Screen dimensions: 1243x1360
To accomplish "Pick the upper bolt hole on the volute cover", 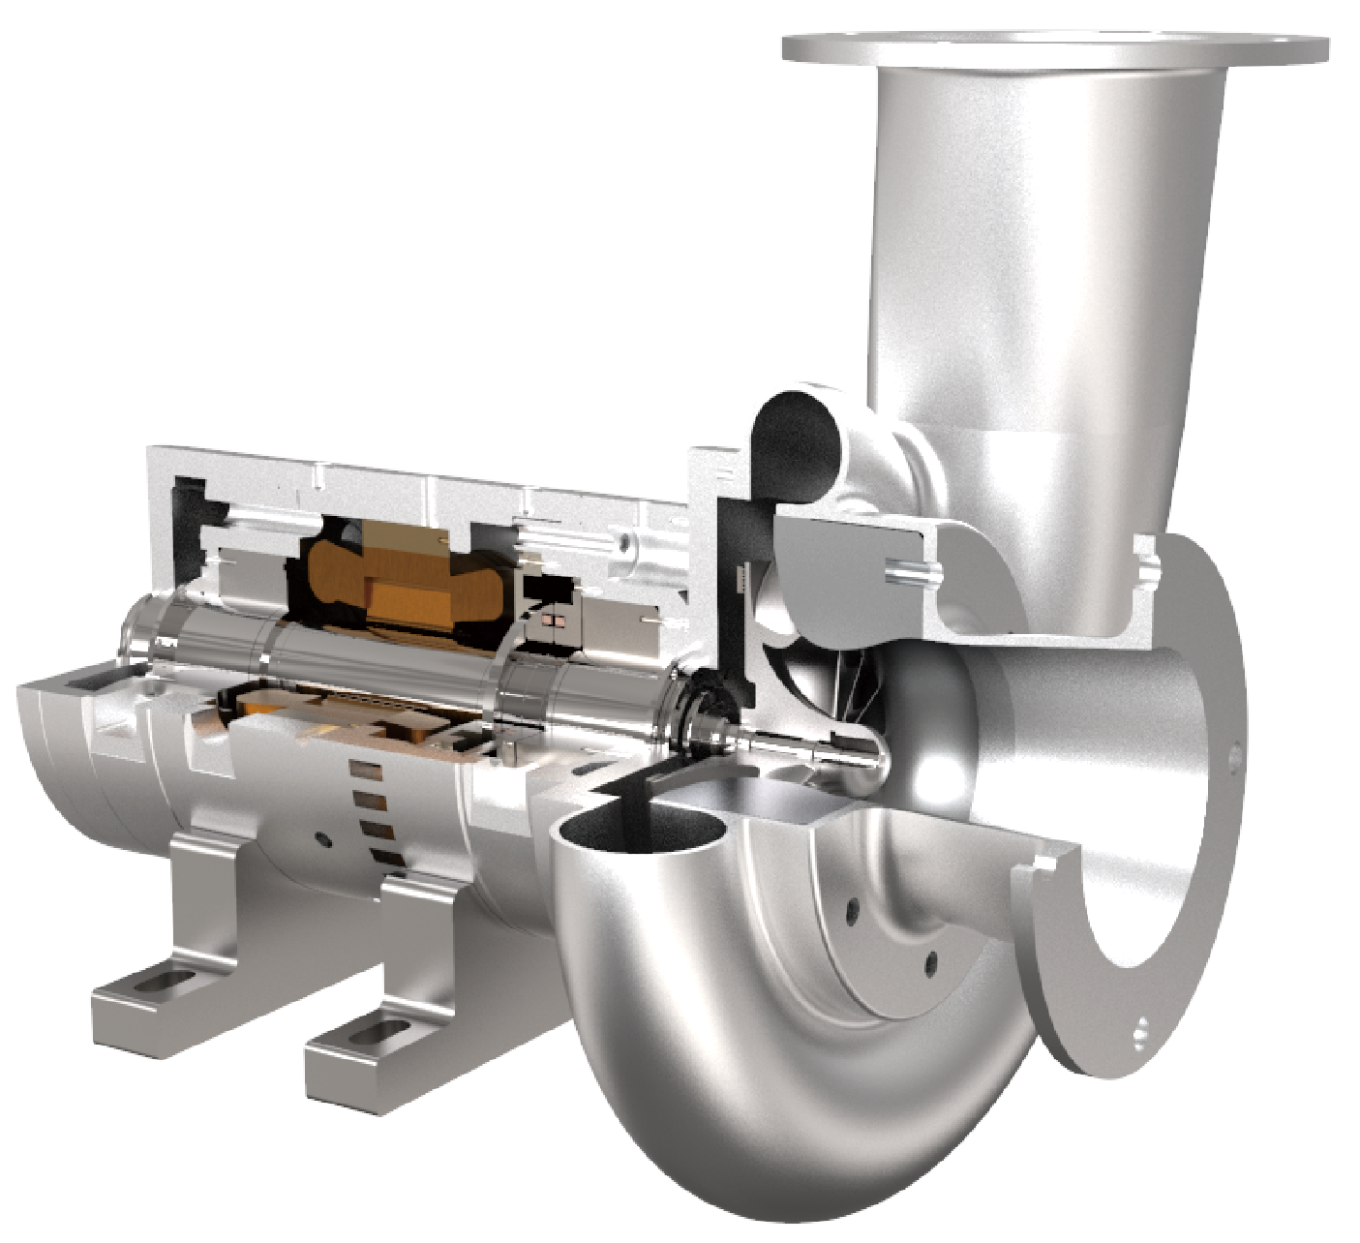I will coord(853,908).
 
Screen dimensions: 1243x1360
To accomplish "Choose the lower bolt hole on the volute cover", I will coord(929,963).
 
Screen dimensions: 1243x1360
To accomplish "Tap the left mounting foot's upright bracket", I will coord(203,900).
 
